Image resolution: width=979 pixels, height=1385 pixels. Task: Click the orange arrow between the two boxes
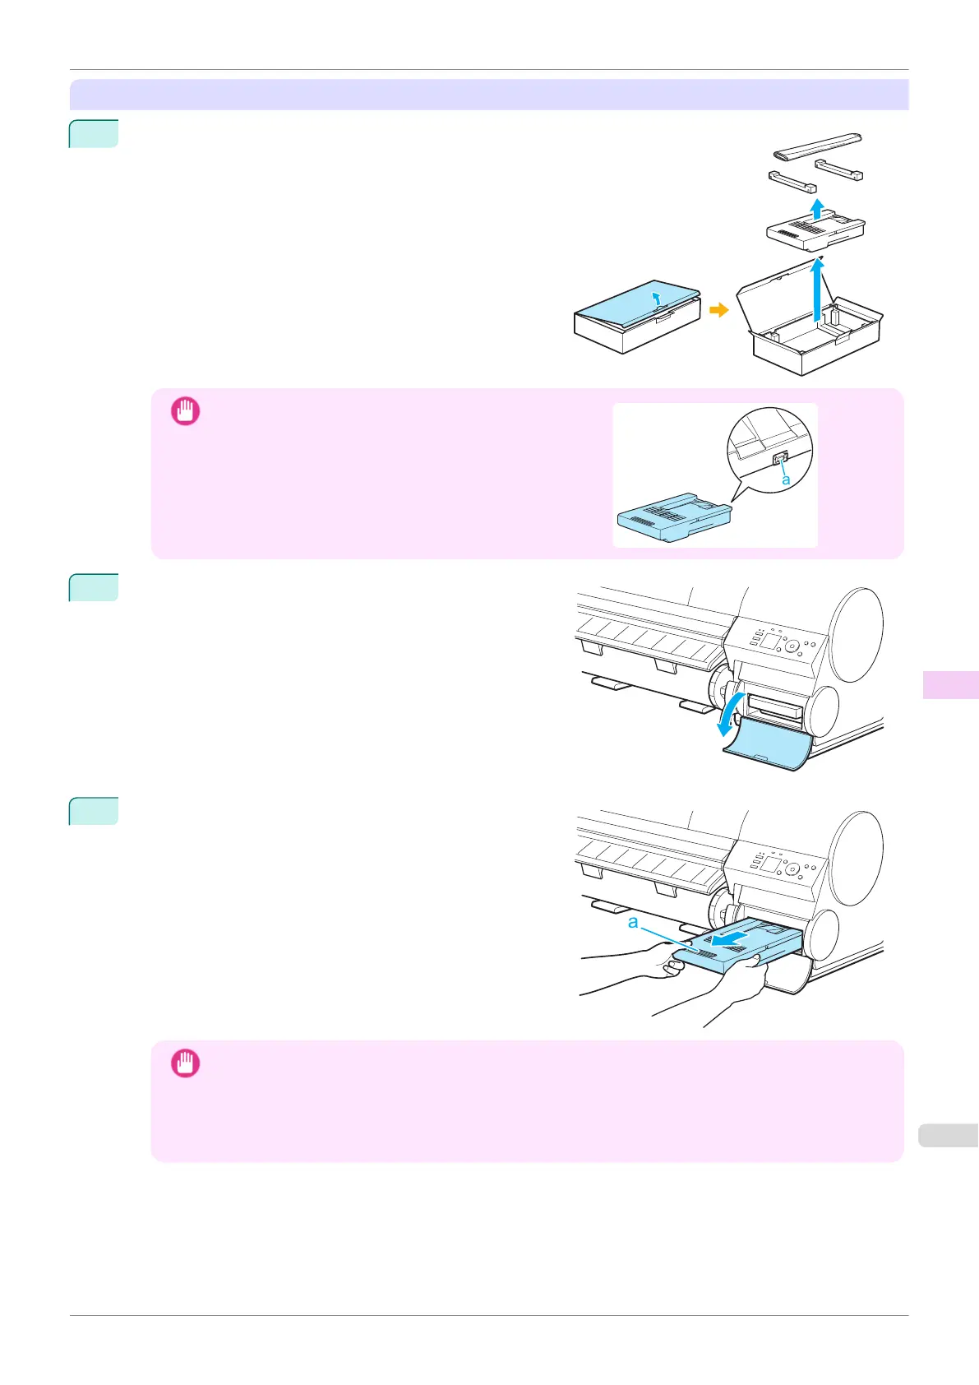click(x=718, y=310)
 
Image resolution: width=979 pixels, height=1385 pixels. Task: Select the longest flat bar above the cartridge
click(x=818, y=145)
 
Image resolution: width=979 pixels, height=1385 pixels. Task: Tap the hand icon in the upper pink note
click(x=185, y=411)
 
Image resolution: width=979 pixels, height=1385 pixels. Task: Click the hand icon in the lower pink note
click(x=185, y=1063)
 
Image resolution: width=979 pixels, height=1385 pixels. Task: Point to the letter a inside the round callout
click(x=787, y=479)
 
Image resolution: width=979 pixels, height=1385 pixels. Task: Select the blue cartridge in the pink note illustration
click(x=674, y=518)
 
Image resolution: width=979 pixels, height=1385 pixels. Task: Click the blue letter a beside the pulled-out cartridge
click(x=633, y=922)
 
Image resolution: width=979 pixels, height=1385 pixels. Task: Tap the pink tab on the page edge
click(x=950, y=684)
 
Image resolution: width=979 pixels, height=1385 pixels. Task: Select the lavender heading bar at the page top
click(x=489, y=95)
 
